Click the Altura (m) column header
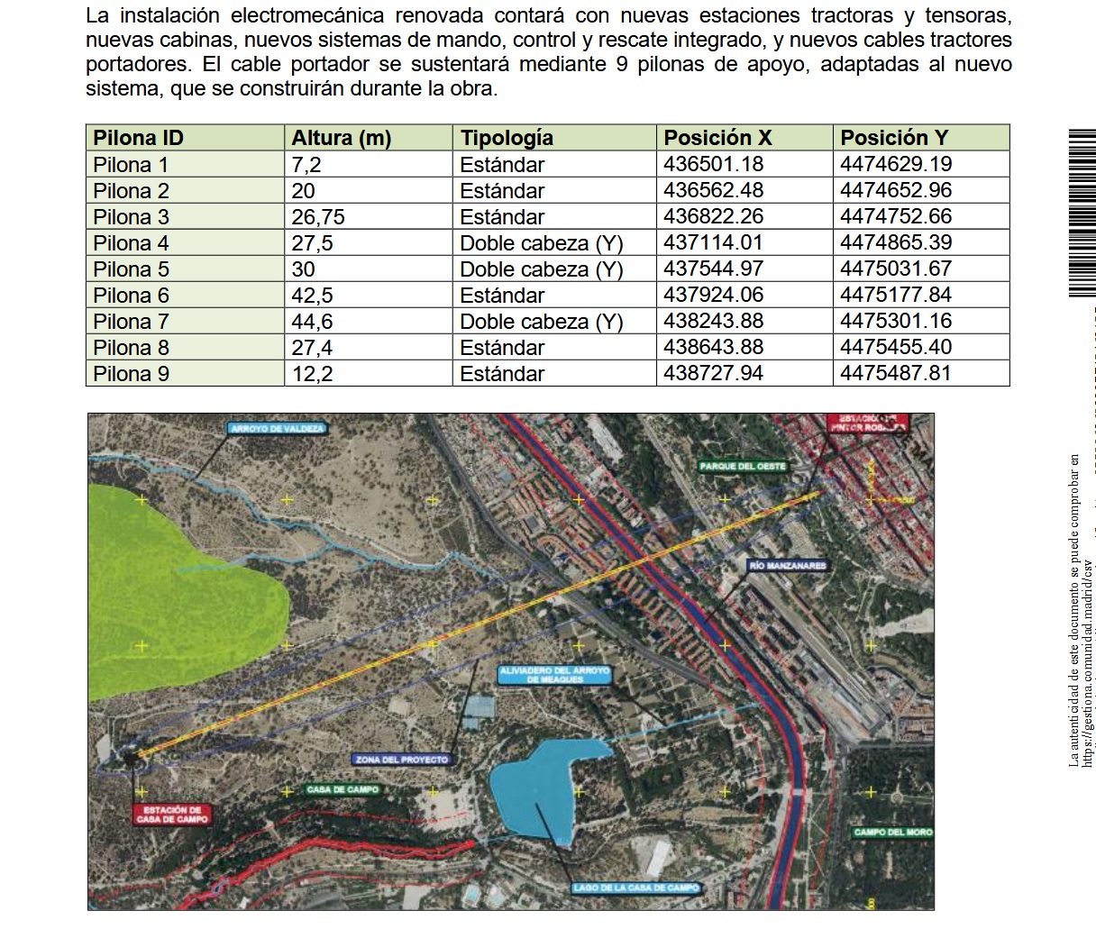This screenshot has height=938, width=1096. tap(341, 138)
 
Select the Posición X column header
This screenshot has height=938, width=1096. tap(717, 138)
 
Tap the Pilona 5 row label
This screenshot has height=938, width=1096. tap(131, 269)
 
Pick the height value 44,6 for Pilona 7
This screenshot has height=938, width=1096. tap(312, 322)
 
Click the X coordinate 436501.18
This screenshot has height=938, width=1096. tap(713, 164)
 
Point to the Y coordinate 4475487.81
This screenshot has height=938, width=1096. tap(895, 373)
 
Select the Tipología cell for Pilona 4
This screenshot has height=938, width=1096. tap(541, 243)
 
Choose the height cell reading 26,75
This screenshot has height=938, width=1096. tap(318, 217)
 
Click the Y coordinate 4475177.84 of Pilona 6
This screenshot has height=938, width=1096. tap(895, 296)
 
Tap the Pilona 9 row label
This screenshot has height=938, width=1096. tap(131, 374)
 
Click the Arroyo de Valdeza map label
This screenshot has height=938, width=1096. tap(277, 429)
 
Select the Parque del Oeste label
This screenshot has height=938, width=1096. tap(743, 467)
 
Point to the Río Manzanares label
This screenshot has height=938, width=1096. tap(786, 566)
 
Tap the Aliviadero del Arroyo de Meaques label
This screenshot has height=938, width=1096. tap(555, 675)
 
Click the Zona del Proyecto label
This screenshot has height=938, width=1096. tap(401, 760)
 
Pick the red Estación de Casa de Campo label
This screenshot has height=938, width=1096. tap(171, 815)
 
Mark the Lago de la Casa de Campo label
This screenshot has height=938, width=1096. tap(635, 888)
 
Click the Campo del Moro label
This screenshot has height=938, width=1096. tap(892, 833)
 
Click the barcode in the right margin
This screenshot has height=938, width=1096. tap(1082, 214)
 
